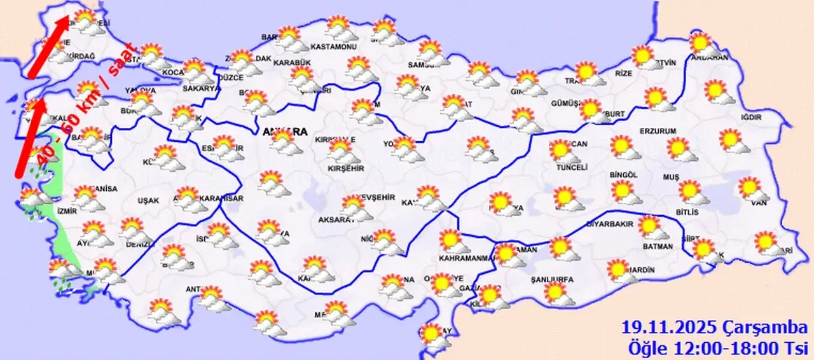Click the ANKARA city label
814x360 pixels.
click(284, 132)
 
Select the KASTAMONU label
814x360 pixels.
click(334, 47)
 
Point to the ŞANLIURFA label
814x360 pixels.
click(552, 279)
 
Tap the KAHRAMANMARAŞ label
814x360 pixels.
click(467, 258)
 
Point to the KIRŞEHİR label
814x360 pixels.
click(345, 168)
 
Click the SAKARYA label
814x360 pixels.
click(201, 88)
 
